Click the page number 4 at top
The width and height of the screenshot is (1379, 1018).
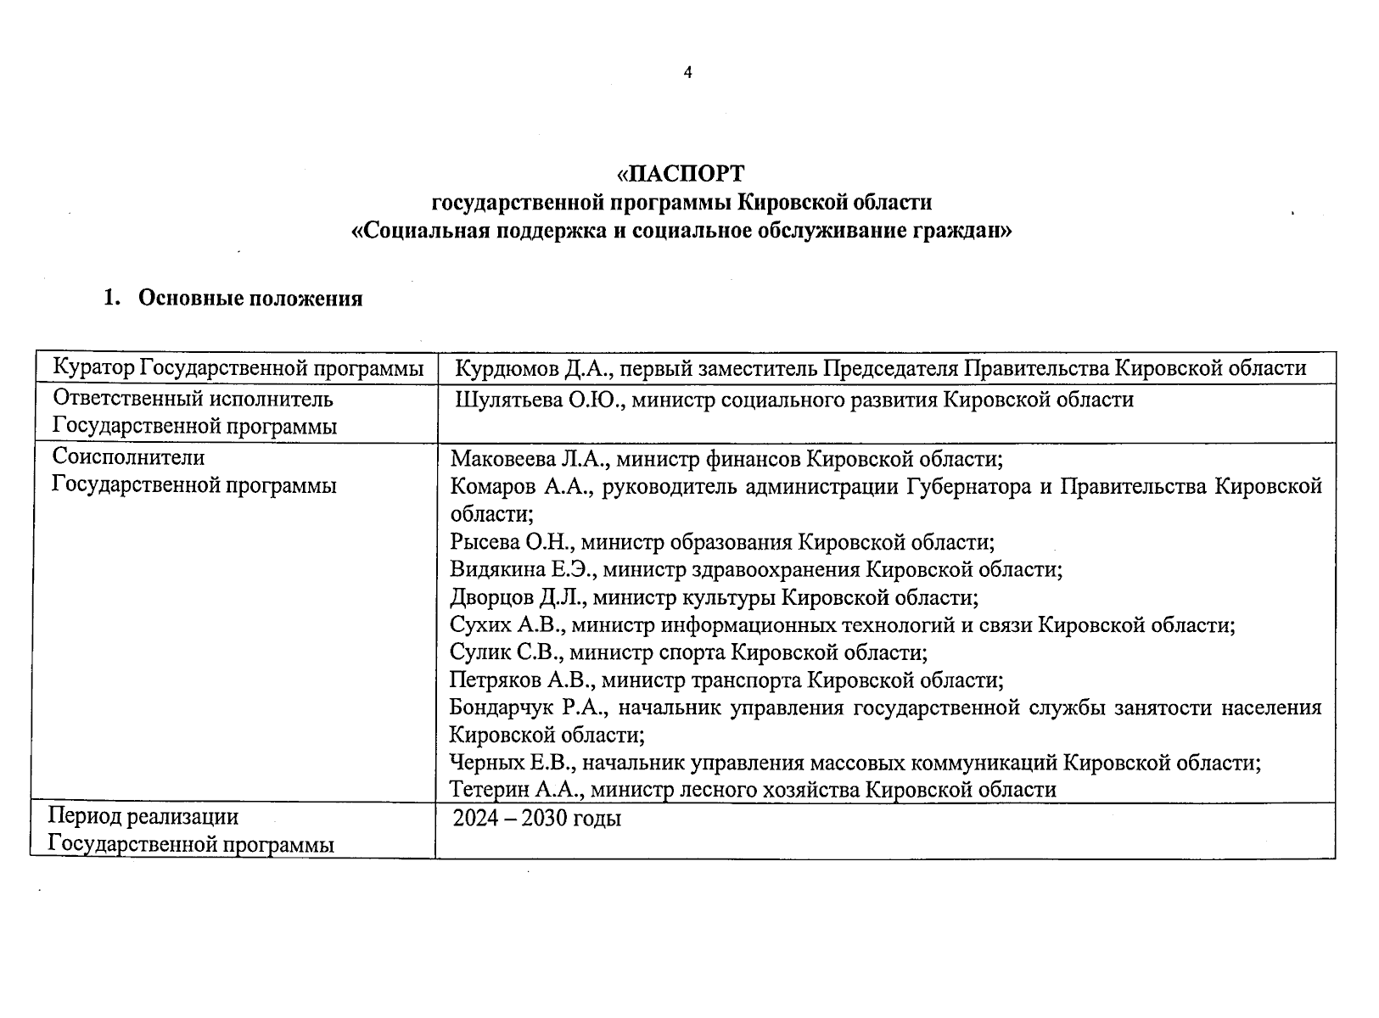[x=687, y=73]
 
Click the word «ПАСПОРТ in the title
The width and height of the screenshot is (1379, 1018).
[x=681, y=174]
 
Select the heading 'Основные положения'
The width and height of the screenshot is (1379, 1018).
[x=249, y=299]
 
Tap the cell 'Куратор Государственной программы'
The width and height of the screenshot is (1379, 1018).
[x=238, y=368]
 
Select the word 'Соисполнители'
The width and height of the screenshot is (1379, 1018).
[x=128, y=457]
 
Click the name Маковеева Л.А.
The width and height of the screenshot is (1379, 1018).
[x=527, y=460]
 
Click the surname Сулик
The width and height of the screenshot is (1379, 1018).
[x=479, y=652]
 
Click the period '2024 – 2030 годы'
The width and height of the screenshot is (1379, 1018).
[x=536, y=819]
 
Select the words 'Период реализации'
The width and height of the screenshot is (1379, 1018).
[x=143, y=817]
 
